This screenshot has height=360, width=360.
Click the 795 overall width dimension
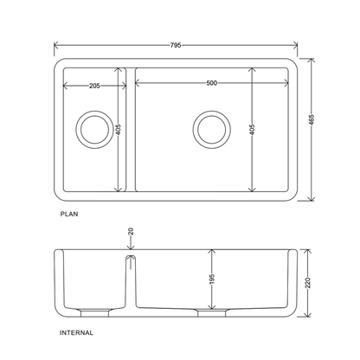pyautogui.click(x=176, y=45)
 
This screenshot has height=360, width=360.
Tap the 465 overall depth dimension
pyautogui.click(x=312, y=120)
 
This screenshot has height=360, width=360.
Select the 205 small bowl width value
pyautogui.click(x=94, y=86)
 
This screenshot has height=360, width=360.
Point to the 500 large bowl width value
pyautogui.click(x=211, y=83)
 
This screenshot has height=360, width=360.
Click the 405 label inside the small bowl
pyautogui.click(x=118, y=130)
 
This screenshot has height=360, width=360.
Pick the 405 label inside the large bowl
pyautogui.click(x=252, y=130)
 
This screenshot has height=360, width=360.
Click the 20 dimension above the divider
pyautogui.click(x=131, y=231)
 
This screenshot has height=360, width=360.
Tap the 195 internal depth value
pyautogui.click(x=212, y=279)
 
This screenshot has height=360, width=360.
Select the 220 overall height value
pyautogui.click(x=308, y=283)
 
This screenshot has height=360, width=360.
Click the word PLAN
pyautogui.click(x=69, y=214)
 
